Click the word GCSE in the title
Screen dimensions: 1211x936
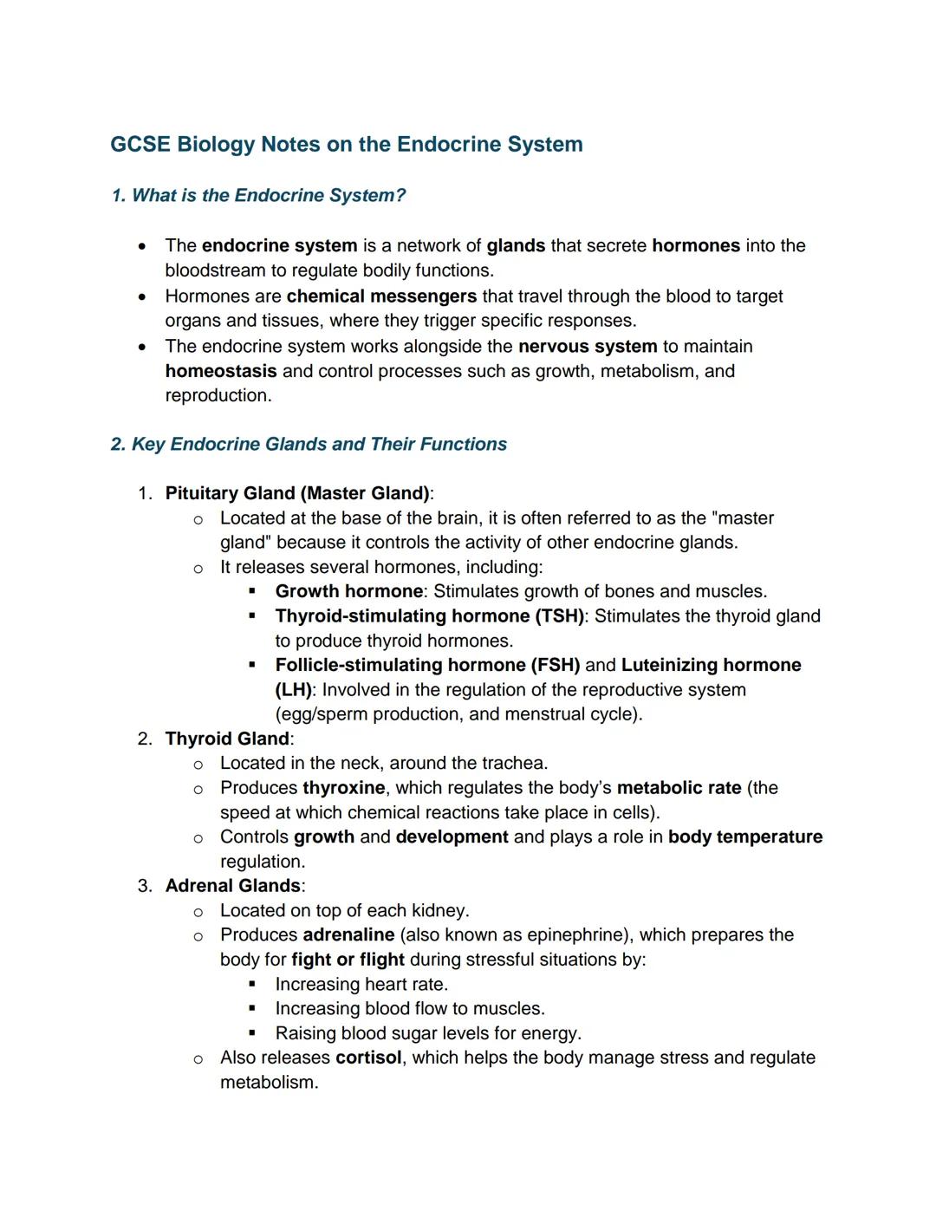coord(140,144)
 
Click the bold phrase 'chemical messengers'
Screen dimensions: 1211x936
coord(381,296)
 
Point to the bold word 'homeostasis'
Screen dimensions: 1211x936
coord(221,371)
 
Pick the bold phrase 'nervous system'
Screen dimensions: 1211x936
coord(588,347)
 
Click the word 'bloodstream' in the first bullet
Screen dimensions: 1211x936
coord(215,270)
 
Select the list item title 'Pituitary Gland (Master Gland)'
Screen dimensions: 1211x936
coord(297,493)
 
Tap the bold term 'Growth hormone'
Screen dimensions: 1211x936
coord(349,591)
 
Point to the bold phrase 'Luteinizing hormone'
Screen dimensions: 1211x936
coord(711,665)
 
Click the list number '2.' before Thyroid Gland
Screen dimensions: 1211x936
coord(145,739)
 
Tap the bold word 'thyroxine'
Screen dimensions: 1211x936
coord(344,788)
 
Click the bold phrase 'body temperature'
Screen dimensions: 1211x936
coord(745,837)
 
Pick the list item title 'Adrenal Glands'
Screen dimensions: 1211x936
coord(232,886)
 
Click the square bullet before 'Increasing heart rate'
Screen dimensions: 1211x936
coord(252,985)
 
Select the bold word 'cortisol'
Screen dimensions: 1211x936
coord(368,1058)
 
